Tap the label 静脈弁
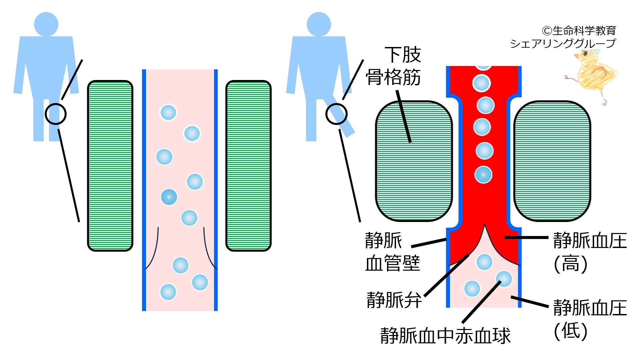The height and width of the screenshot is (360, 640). (x=394, y=300)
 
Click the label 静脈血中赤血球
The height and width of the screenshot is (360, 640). (x=445, y=335)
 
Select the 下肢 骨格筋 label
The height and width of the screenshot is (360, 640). (x=394, y=66)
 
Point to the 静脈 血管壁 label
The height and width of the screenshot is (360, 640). (x=392, y=252)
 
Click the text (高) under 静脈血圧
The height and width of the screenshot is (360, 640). (x=571, y=264)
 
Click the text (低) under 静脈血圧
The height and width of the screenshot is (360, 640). (x=571, y=331)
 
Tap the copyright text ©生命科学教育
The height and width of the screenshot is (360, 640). (x=579, y=31)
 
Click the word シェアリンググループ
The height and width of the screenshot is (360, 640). (x=563, y=43)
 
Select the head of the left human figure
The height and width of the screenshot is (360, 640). (x=46, y=24)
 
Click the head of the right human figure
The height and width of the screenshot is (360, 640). (x=319, y=24)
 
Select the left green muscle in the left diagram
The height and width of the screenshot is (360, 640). (x=110, y=166)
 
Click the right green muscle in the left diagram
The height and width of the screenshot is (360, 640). (x=249, y=166)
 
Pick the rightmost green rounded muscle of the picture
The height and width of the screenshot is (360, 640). (x=552, y=161)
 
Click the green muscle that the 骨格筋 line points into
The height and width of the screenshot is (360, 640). (x=414, y=161)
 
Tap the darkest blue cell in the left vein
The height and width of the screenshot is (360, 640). (x=169, y=197)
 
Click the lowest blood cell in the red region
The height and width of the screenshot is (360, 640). (x=483, y=175)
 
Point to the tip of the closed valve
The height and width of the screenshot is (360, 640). (x=484, y=224)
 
